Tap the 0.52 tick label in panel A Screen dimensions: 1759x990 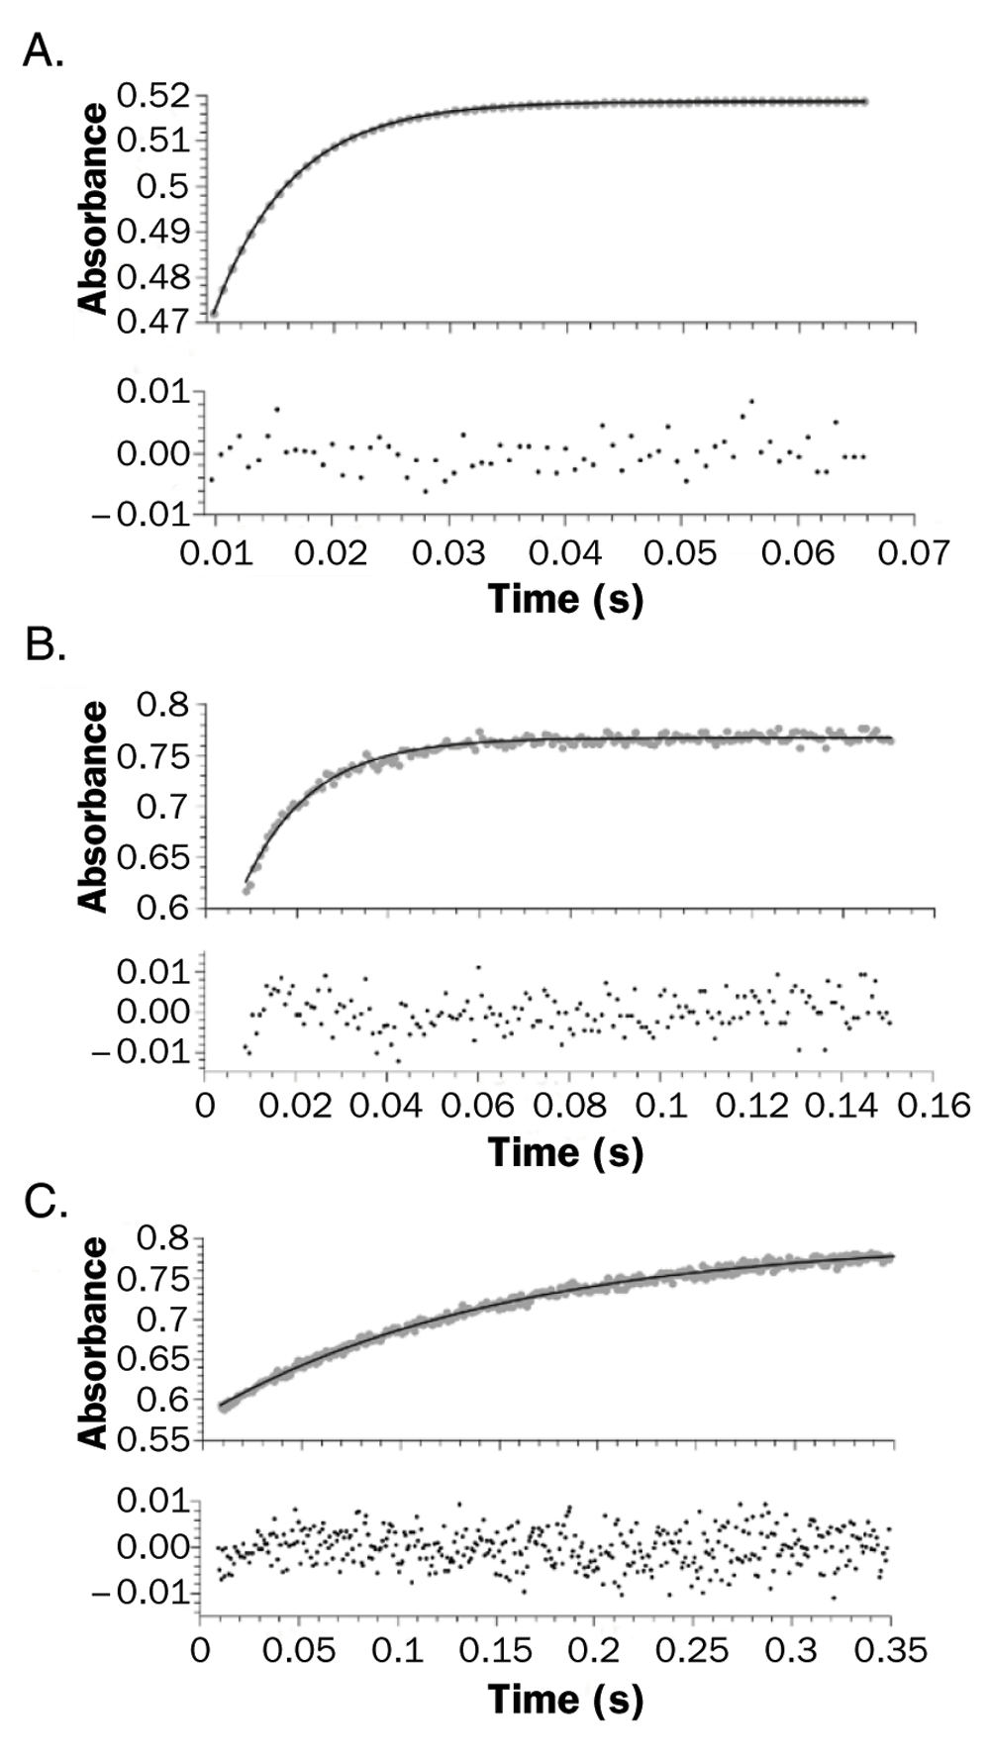click(153, 97)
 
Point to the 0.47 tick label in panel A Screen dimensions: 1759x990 click(153, 321)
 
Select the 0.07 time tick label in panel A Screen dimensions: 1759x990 click(913, 552)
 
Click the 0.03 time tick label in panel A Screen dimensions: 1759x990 click(448, 552)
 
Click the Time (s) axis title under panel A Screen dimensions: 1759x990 click(565, 599)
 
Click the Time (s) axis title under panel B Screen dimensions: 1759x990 click(565, 1151)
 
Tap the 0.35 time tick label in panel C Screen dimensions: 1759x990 click(890, 1650)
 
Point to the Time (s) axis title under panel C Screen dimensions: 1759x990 click(565, 1699)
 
